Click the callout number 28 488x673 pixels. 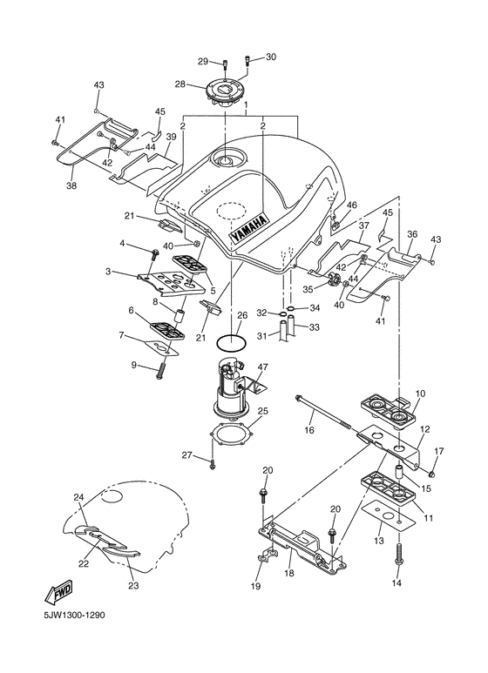click(180, 84)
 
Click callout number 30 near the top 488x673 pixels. click(270, 57)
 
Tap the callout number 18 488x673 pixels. click(288, 575)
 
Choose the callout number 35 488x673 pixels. click(308, 290)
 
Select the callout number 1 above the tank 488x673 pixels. click(246, 104)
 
